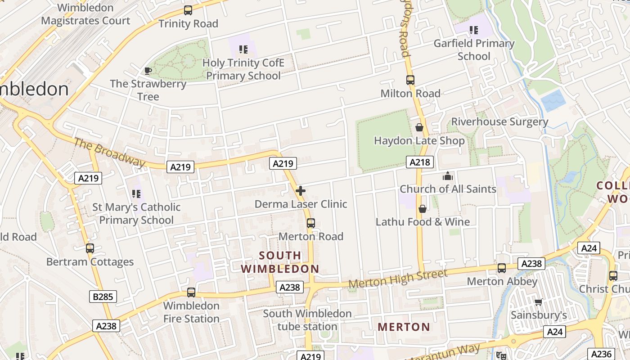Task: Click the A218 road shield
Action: pyautogui.click(x=419, y=162)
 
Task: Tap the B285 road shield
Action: pyautogui.click(x=103, y=297)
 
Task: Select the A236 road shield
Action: pyautogui.click(x=601, y=354)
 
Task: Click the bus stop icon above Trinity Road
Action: pyautogui.click(x=188, y=10)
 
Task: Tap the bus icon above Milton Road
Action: pyautogui.click(x=410, y=80)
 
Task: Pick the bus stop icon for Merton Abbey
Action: pyautogui.click(x=502, y=268)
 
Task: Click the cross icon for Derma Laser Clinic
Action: pyautogui.click(x=301, y=191)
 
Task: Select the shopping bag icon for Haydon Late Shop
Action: pyautogui.click(x=419, y=128)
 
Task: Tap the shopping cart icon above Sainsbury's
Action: pyautogui.click(x=538, y=302)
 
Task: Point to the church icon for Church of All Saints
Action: pyautogui.click(x=448, y=176)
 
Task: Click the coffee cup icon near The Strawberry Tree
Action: pyautogui.click(x=148, y=71)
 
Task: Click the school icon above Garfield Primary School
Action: pyautogui.click(x=473, y=30)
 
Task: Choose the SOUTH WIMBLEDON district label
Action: pyautogui.click(x=280, y=262)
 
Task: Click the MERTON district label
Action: pyautogui.click(x=404, y=327)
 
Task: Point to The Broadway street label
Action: pyautogui.click(x=110, y=153)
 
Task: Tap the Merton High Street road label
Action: pyautogui.click(x=398, y=279)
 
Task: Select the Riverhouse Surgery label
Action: pyautogui.click(x=499, y=122)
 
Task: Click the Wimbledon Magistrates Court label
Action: pyautogui.click(x=85, y=14)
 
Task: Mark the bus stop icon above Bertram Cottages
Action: pyautogui.click(x=90, y=248)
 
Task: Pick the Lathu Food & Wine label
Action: pyautogui.click(x=423, y=222)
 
